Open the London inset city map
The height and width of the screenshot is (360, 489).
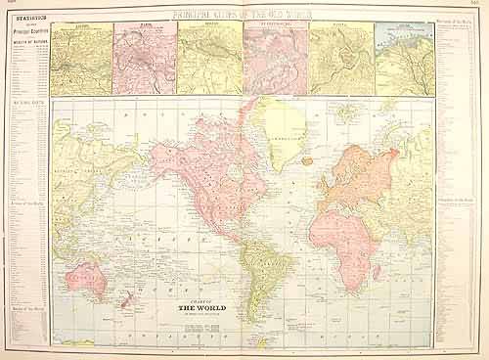(x=81, y=58)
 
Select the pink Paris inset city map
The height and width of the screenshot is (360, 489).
(x=145, y=58)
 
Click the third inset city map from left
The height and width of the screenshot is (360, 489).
(x=209, y=58)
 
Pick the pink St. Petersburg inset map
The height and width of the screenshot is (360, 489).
(x=275, y=58)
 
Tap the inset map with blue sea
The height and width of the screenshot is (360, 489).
(x=405, y=58)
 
